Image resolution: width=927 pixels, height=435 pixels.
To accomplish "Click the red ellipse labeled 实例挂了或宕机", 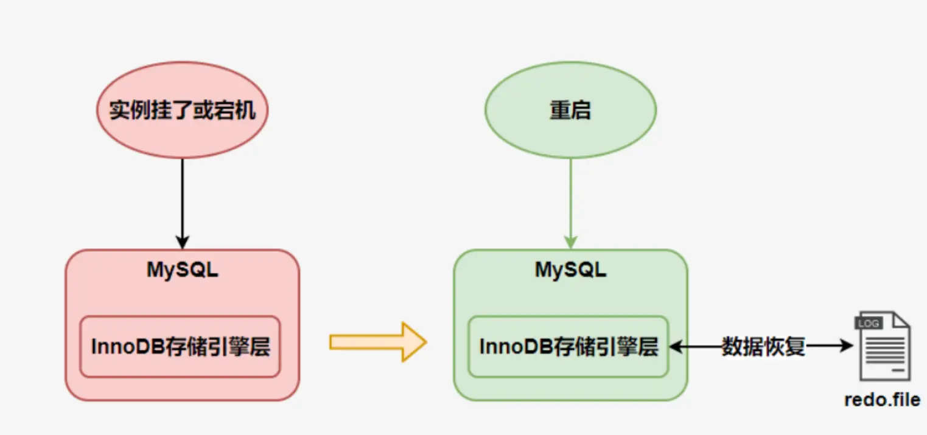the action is point(183,110).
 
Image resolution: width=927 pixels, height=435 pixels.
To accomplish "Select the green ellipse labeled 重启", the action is point(571,110).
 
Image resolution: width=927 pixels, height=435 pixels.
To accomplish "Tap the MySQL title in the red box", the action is point(183,270).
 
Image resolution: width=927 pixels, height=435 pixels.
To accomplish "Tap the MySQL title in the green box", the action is point(571,270).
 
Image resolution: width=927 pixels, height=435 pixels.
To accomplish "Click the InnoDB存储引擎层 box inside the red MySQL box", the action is point(180,347).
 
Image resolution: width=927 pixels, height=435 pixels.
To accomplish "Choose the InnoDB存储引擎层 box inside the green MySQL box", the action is point(568,347).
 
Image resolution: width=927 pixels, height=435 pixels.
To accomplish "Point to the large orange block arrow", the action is point(378,343).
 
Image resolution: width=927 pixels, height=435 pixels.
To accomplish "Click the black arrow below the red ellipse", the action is point(183,204).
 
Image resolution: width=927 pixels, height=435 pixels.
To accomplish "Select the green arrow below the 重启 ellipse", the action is point(571,204).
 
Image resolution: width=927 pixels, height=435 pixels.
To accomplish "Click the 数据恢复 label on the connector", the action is point(763,346).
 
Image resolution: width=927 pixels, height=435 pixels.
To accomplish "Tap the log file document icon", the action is point(883,346).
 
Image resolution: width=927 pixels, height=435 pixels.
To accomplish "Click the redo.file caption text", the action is point(883,400).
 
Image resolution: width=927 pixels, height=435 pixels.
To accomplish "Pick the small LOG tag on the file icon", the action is point(869,323).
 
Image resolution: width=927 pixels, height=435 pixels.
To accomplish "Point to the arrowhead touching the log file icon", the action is point(846,346).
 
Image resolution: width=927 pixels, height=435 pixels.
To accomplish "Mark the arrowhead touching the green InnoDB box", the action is point(676,347).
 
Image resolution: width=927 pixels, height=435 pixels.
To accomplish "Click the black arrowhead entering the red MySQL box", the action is point(183,242).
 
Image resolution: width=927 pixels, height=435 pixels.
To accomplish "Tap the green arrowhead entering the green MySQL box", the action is point(571,242).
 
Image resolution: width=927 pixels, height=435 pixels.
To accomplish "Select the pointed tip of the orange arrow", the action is point(426,343).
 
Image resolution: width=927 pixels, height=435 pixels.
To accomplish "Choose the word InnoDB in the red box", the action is point(127,347).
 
